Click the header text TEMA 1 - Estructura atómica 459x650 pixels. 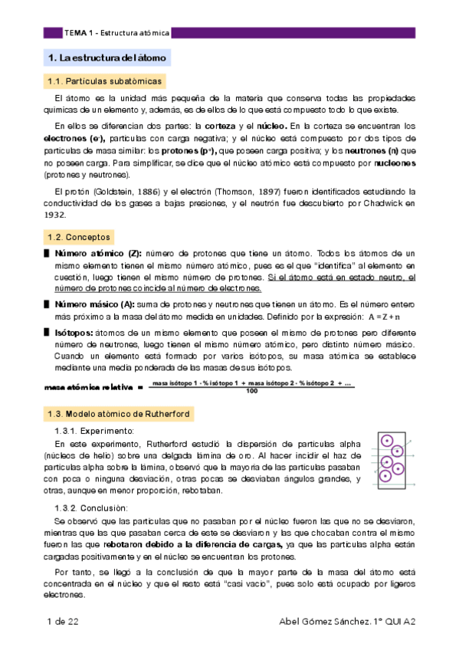tap(116, 33)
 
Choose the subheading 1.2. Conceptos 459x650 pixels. tap(80, 238)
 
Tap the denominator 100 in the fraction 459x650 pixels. tap(251, 392)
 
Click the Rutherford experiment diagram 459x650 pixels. tap(395, 459)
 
